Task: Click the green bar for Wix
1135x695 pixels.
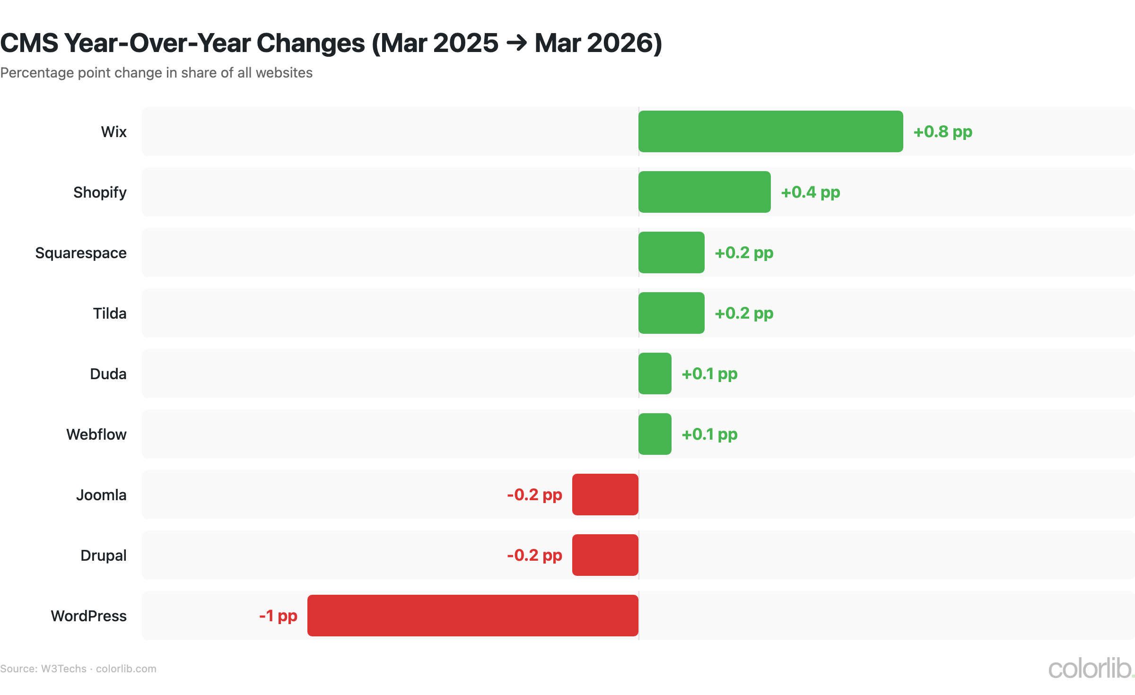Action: tap(770, 131)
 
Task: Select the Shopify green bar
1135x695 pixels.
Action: tap(704, 192)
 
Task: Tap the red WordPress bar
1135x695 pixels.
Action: tap(472, 616)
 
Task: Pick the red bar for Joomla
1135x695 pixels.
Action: tap(605, 495)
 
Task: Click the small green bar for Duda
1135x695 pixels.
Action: tap(655, 374)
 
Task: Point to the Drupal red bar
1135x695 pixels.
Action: tap(605, 555)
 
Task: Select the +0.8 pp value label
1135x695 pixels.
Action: tap(943, 132)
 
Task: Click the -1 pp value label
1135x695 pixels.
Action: tap(278, 616)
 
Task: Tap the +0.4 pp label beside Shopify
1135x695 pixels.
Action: tap(810, 192)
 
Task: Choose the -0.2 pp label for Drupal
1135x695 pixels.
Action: tap(534, 556)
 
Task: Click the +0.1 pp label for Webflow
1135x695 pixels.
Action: tap(709, 434)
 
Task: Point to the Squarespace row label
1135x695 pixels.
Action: tap(81, 253)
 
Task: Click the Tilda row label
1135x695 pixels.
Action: tap(110, 313)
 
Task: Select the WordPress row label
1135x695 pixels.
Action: tap(89, 616)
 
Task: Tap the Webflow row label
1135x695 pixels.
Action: tap(96, 434)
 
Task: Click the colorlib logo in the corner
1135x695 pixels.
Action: tap(1090, 669)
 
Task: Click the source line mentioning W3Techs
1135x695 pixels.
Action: tap(78, 669)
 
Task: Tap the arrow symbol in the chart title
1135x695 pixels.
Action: tap(516, 43)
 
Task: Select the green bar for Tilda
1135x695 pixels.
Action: tap(671, 313)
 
